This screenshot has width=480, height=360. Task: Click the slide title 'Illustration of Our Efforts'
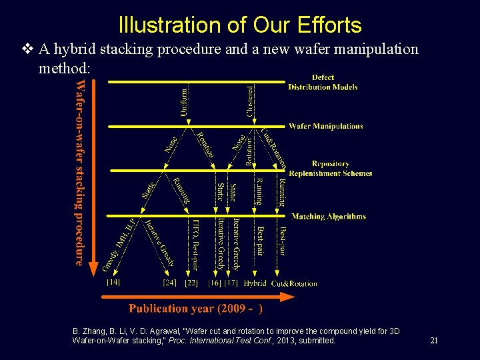pos(240,25)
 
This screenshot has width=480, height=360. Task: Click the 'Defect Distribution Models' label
pos(323,82)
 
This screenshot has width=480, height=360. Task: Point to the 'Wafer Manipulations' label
pos(326,126)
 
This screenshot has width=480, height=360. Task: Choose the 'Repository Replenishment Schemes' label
pos(331,168)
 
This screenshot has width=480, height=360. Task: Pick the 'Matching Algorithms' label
pos(329,216)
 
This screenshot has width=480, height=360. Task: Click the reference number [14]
pos(113,283)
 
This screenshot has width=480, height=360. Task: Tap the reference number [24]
pos(169,283)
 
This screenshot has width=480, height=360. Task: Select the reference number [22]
pos(191,283)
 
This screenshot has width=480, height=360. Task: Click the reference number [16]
pos(214,283)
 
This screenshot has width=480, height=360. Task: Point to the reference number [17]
pos(231,283)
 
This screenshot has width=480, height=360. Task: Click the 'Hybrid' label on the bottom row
pos(255,283)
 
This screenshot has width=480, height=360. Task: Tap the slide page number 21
pos(434,341)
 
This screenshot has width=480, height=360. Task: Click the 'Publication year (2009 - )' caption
pos(195,308)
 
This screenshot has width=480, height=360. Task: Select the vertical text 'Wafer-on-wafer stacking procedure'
pos(80,172)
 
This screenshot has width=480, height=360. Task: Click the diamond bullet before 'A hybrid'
pos(27,49)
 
